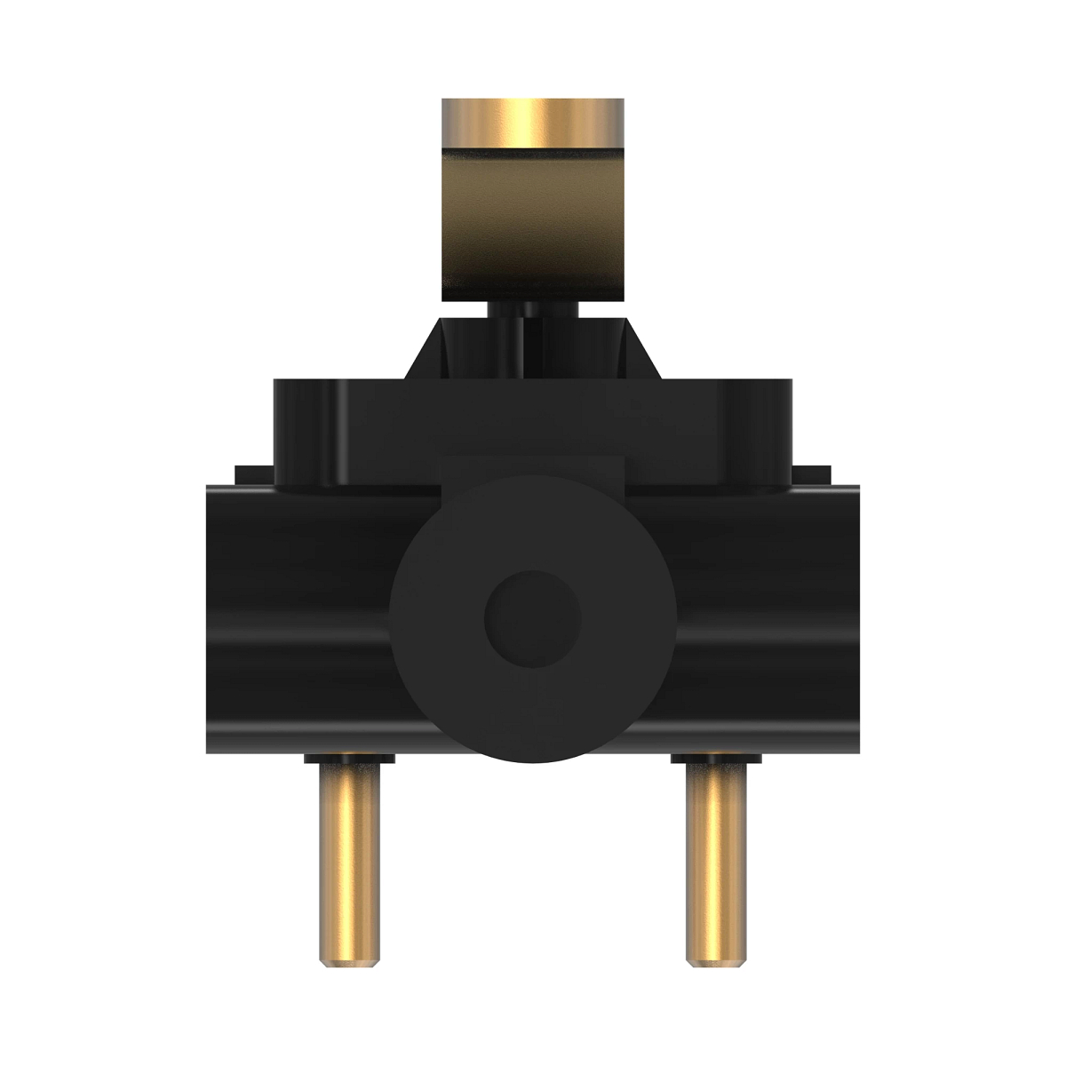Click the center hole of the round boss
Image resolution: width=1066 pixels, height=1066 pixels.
click(x=531, y=617)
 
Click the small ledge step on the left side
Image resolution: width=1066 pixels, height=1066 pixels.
click(x=253, y=473)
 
